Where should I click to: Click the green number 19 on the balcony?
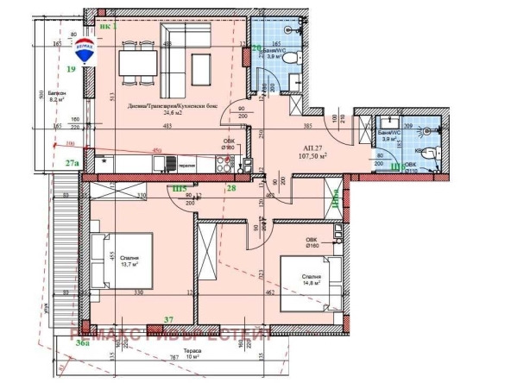pos(72,67)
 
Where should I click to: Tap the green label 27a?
pos(72,161)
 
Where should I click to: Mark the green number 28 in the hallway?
pos(231,188)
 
